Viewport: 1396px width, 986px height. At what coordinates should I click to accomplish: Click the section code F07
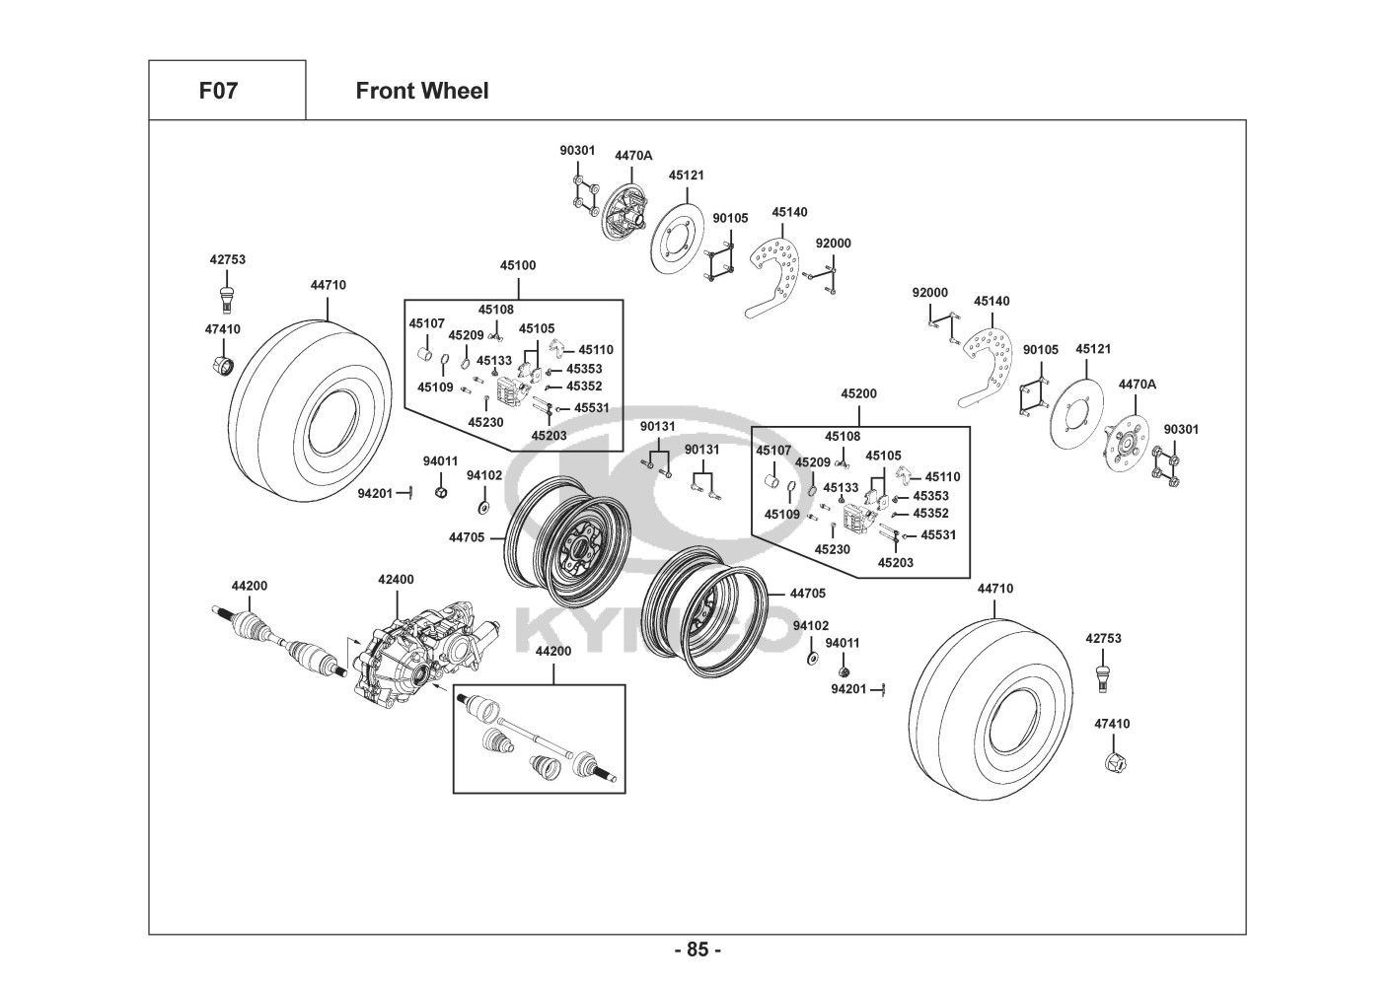click(x=218, y=92)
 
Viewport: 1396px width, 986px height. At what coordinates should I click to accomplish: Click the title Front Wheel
click(x=421, y=92)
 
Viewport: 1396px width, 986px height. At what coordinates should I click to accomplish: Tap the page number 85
click(x=698, y=951)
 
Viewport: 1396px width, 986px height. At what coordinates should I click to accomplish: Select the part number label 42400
click(x=396, y=580)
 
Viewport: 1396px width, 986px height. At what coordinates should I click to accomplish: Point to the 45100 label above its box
click(x=518, y=266)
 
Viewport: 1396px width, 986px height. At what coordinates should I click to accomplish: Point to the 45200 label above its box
click(x=858, y=393)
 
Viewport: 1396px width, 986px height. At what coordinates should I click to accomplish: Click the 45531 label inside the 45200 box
click(x=938, y=535)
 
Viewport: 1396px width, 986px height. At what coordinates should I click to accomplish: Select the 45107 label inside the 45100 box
click(x=427, y=323)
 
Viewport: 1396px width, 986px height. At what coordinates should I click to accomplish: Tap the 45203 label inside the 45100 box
click(x=549, y=435)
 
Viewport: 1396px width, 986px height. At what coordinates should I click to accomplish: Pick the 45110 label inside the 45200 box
click(x=942, y=477)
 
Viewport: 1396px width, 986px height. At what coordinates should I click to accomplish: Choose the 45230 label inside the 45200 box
click(x=833, y=549)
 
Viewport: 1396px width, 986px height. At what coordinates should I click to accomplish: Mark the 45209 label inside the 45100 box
click(x=466, y=335)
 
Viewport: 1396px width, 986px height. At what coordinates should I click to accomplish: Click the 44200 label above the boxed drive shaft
click(x=553, y=652)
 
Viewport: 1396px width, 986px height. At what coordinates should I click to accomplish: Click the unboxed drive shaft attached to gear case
click(x=281, y=641)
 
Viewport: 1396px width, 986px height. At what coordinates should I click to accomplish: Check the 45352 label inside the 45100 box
click(x=584, y=387)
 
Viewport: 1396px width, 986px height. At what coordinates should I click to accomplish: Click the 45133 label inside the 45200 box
click(x=841, y=488)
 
